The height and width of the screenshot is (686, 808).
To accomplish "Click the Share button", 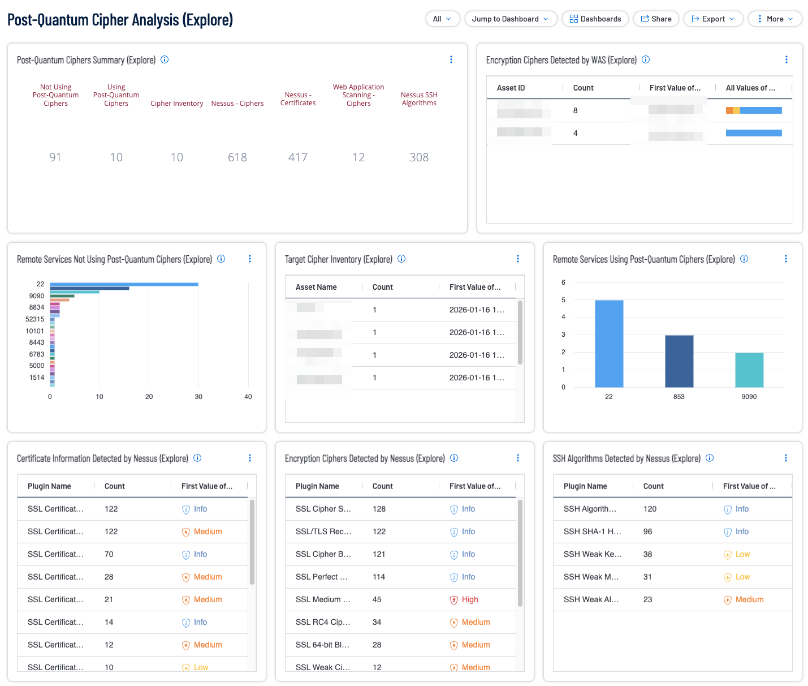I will point(656,19).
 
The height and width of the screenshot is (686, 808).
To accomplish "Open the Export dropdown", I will point(713,19).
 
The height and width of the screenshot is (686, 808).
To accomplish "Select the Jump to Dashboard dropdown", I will point(511,19).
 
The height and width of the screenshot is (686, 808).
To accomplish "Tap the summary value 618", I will point(237,157).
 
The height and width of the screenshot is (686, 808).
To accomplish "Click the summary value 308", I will point(419,157).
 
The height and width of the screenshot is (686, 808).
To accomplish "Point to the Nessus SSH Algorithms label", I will point(419,99).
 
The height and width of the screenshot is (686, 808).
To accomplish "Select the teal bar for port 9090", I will point(749,370).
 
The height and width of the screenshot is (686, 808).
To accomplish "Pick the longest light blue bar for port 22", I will point(124,284).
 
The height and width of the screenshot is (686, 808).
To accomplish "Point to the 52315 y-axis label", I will point(35,319).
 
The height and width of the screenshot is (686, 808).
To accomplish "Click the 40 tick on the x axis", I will point(248,397).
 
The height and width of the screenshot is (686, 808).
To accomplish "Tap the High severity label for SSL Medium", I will point(469,599).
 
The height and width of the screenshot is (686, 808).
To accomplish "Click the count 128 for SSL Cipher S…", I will point(379,509).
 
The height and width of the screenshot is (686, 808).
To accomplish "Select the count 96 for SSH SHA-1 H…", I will point(648,531).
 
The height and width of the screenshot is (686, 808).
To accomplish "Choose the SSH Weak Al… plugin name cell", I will point(591,599).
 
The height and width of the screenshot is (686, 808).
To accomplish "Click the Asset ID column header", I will point(511,88).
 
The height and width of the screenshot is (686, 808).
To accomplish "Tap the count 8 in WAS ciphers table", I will point(576,110).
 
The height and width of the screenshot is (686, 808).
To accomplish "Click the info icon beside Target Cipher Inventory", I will point(401,259).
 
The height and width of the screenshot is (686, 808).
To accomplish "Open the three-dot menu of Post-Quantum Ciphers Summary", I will point(451,59).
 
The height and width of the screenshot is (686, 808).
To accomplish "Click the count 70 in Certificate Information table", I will point(109,554).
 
